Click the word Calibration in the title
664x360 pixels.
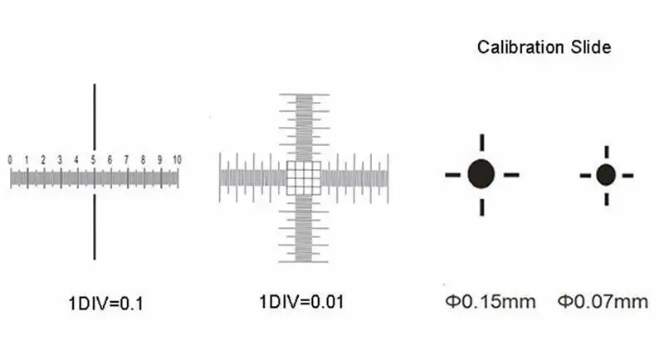tap(520, 47)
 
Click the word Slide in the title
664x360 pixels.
tap(591, 47)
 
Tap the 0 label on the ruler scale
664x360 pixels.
tap(10, 160)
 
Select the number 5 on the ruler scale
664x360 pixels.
tap(93, 160)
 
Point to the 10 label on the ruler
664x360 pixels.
tap(177, 160)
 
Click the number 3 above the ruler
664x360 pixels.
tap(60, 160)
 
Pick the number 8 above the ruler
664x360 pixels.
tap(143, 160)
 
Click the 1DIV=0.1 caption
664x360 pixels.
tap(106, 304)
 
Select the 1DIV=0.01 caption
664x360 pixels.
tap(301, 302)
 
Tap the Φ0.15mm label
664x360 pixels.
tap(491, 302)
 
